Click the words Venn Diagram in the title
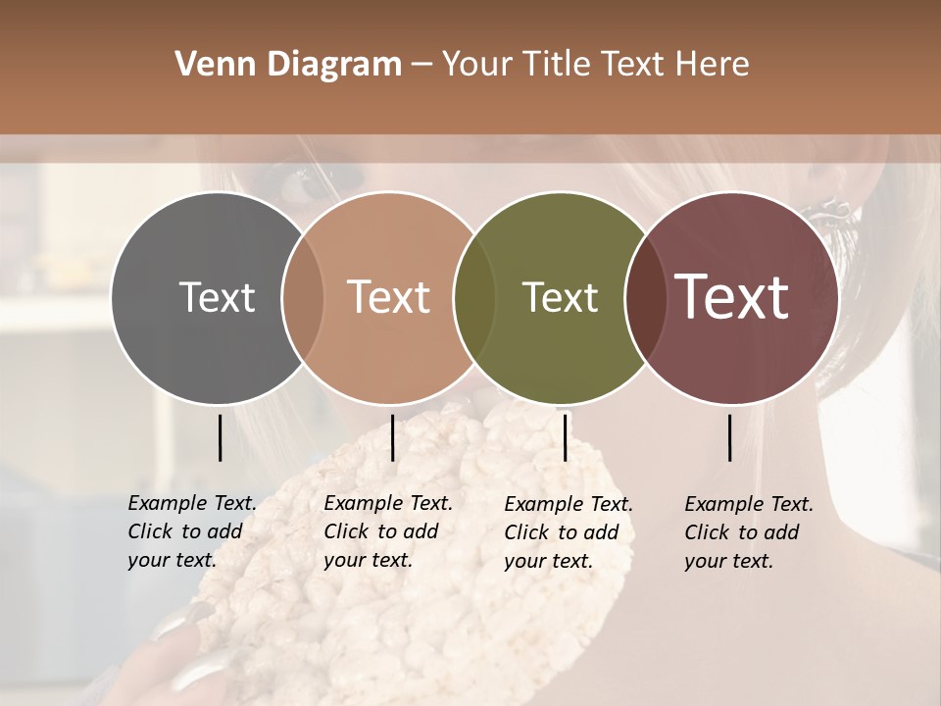click(x=288, y=65)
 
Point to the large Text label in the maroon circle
click(x=732, y=297)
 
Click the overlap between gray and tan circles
click(x=303, y=298)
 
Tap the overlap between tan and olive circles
click(x=474, y=298)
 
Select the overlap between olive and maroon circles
click(x=646, y=298)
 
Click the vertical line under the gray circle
click(x=220, y=437)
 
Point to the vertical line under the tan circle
click(x=392, y=437)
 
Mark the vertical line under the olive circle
click(x=565, y=437)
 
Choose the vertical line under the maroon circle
click(x=730, y=437)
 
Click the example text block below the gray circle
click(x=191, y=531)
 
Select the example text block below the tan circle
click(x=387, y=531)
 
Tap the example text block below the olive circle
click(x=568, y=532)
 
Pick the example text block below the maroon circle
click(x=748, y=532)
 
